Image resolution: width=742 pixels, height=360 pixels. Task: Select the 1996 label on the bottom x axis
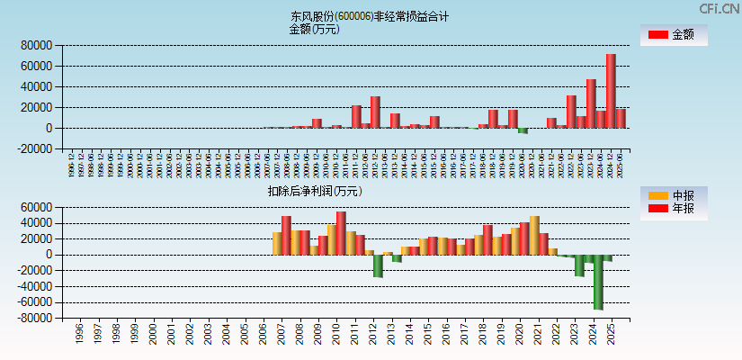coord(79,335)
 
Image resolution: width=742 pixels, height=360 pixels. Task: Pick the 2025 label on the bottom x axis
coord(612,335)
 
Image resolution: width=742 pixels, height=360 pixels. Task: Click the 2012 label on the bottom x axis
coord(373,335)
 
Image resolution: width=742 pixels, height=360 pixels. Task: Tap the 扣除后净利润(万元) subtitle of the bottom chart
coord(314,191)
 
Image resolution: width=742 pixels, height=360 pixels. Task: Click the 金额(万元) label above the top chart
coord(314,29)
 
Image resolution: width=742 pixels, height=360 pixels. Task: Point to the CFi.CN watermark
coord(720,9)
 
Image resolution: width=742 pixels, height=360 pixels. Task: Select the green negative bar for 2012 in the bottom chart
coord(379,265)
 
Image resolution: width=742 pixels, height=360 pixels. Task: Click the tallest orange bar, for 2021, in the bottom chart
coord(534,235)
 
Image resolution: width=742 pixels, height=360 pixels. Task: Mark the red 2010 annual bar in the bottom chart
coord(341,233)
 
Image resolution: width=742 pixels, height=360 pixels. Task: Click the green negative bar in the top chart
coord(523,130)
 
